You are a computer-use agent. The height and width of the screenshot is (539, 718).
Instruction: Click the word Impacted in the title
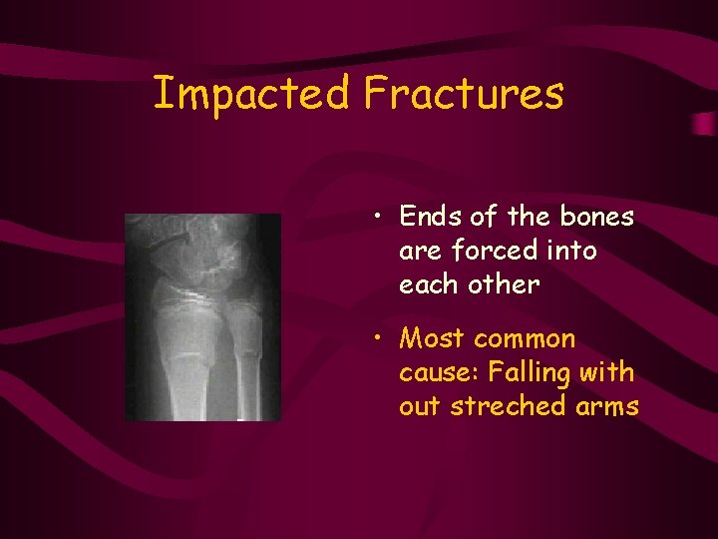(252, 95)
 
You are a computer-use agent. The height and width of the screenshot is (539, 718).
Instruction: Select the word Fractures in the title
(464, 95)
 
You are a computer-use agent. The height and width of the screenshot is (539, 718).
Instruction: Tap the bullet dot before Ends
(380, 215)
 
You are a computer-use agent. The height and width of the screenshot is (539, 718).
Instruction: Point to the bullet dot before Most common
(380, 338)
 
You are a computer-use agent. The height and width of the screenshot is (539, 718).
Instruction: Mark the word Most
(430, 339)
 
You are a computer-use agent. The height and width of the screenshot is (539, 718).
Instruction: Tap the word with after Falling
(611, 373)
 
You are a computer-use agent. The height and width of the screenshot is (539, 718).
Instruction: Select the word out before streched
(421, 407)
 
